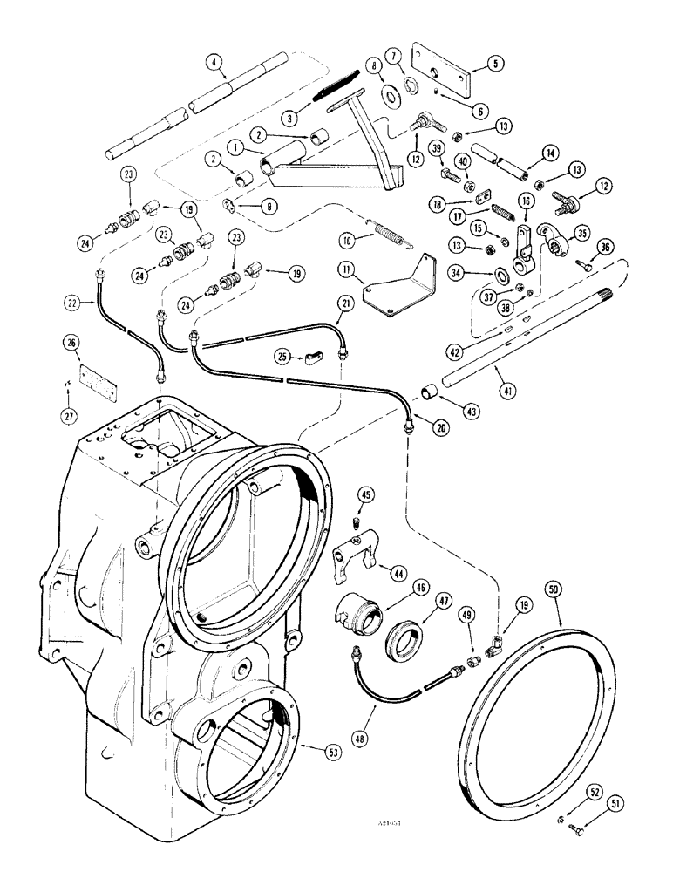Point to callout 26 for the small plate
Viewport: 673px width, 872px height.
click(x=71, y=342)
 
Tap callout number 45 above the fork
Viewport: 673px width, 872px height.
click(x=365, y=496)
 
